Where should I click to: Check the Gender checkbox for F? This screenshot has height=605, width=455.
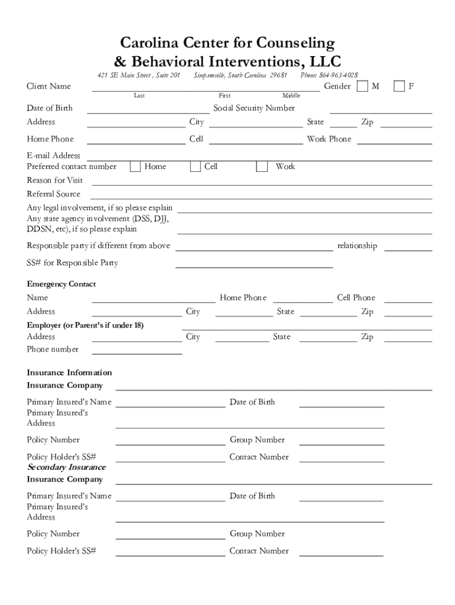(x=399, y=86)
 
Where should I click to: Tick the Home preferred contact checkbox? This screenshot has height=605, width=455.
(x=135, y=167)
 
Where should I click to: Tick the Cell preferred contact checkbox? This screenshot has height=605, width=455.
(x=196, y=167)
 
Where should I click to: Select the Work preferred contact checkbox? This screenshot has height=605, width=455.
(x=261, y=167)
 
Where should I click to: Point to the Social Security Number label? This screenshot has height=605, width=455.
(x=254, y=108)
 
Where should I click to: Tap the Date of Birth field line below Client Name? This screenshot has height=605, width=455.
(x=148, y=112)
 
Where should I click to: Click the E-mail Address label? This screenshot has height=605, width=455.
(x=53, y=156)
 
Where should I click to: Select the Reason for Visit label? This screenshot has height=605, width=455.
(x=55, y=180)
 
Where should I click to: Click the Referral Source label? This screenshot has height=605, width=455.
(x=53, y=194)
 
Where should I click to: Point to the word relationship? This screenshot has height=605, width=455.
(x=357, y=246)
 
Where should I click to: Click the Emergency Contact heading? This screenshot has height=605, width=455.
(x=61, y=284)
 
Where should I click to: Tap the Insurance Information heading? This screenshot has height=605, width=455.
(x=69, y=373)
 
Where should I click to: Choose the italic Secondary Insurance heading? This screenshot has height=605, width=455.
(x=66, y=467)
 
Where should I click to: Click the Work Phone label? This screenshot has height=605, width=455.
(x=329, y=139)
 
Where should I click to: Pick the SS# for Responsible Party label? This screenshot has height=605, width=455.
(x=72, y=263)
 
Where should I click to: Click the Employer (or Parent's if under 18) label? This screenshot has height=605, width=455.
(x=85, y=326)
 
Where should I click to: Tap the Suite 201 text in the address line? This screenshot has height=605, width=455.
(x=167, y=75)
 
